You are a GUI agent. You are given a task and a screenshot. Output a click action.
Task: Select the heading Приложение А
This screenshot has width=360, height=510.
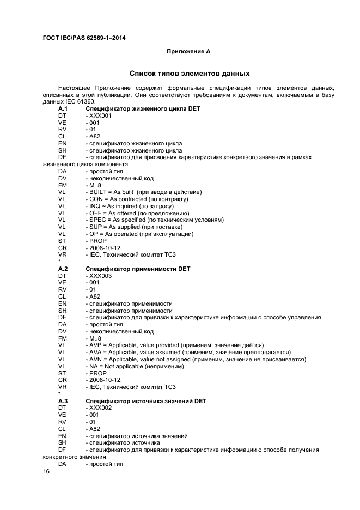coord(188,52)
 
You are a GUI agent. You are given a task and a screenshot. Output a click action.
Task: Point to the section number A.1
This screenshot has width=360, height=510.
coord(63,108)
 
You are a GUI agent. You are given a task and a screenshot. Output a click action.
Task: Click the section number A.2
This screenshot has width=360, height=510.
coord(63,269)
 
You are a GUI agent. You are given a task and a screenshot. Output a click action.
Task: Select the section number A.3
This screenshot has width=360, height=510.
coord(63,401)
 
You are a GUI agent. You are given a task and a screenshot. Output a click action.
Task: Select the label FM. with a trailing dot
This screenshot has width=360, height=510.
coord(64,185)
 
